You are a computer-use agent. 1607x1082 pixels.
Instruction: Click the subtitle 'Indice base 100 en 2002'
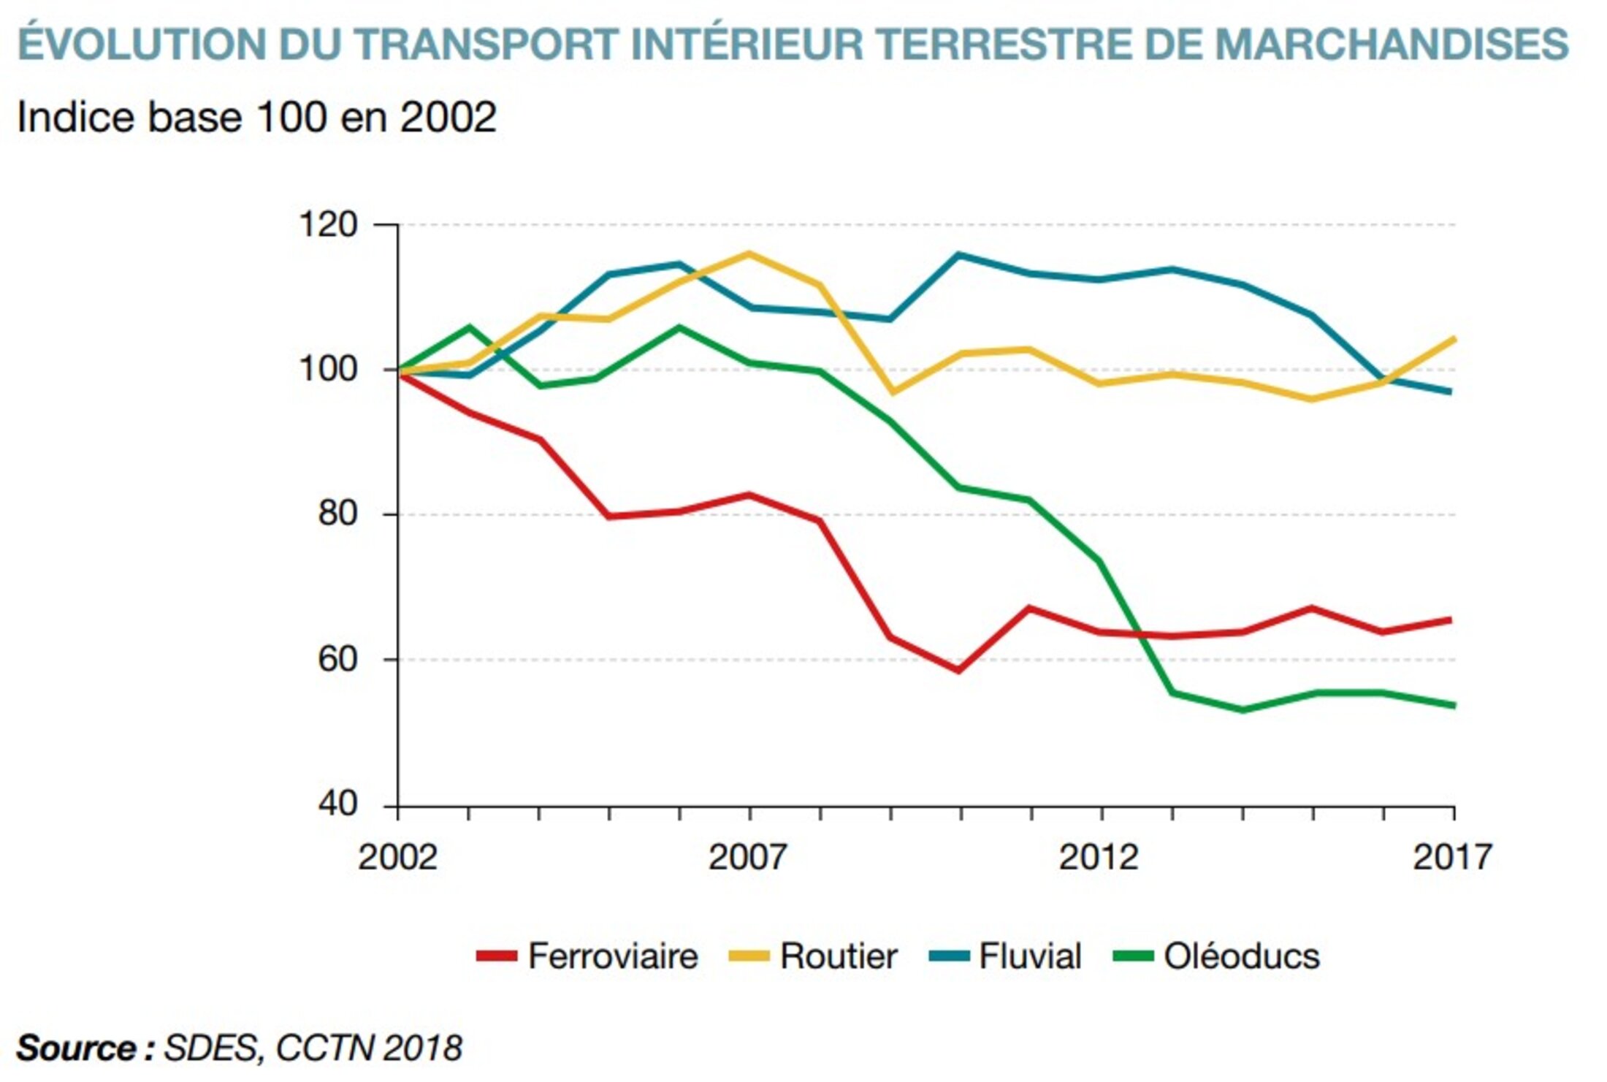tap(256, 117)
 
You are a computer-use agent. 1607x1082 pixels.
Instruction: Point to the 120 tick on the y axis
tap(329, 224)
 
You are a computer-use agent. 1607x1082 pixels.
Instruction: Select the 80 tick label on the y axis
tap(337, 514)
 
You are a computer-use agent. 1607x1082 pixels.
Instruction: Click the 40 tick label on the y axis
tap(337, 804)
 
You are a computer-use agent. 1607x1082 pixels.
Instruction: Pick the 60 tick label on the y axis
tap(337, 659)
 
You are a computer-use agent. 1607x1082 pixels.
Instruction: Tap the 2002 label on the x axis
tap(397, 857)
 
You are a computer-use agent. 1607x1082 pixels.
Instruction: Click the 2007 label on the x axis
tap(748, 857)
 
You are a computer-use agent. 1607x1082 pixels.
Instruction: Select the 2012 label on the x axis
tap(1099, 857)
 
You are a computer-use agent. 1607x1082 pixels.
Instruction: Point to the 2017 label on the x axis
tap(1451, 857)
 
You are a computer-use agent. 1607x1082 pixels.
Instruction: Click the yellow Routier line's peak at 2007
tap(749, 254)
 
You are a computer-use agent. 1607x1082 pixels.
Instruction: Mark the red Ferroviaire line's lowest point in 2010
tap(959, 670)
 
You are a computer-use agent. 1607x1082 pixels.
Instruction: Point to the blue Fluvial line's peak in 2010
tap(959, 255)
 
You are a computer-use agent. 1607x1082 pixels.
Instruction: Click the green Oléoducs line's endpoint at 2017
tap(1453, 706)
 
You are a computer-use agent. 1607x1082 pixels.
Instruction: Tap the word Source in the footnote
tap(77, 1048)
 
